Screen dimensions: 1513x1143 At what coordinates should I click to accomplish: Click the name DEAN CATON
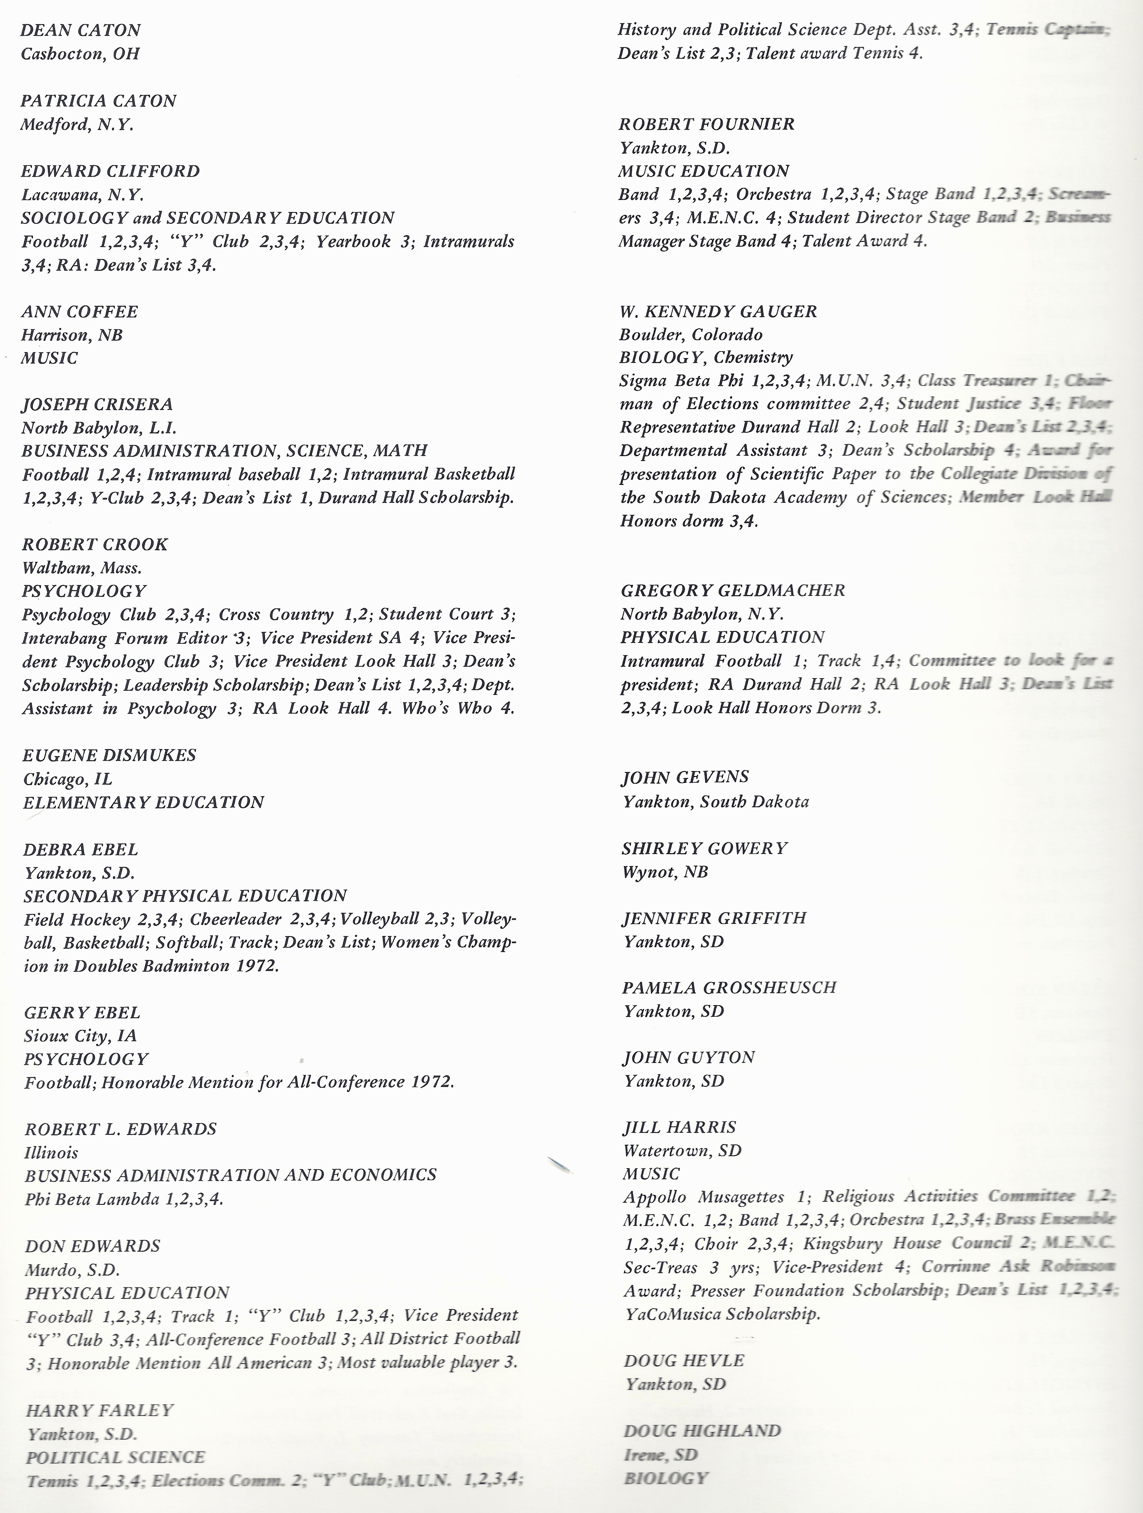tap(81, 30)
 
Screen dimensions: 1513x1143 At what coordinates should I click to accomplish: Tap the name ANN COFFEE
tap(79, 312)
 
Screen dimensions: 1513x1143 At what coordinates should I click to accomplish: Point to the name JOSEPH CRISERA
tap(97, 404)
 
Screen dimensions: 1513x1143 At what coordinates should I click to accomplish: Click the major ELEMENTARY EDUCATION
tap(143, 802)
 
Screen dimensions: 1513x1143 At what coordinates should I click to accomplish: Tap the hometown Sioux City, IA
tap(81, 1036)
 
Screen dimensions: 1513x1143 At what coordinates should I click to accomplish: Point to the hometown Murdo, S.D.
tap(73, 1270)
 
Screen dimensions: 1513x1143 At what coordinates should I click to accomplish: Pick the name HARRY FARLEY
tap(100, 1410)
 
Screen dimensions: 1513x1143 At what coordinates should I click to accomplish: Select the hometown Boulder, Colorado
tap(690, 334)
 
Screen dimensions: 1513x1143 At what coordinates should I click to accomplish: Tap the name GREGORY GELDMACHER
tap(733, 590)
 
